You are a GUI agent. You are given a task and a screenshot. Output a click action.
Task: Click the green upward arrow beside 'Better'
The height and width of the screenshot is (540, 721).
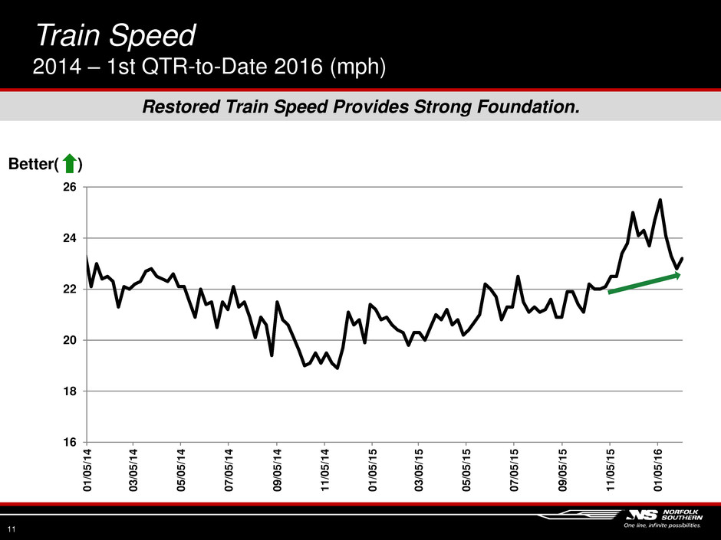pos(69,164)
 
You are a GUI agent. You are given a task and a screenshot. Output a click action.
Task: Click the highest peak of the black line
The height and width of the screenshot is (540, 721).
pos(660,201)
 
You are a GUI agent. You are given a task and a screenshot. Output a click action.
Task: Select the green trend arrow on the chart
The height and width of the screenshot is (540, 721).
pos(644,283)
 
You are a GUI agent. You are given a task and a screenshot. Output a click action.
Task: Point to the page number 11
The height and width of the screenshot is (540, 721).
pos(12,529)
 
